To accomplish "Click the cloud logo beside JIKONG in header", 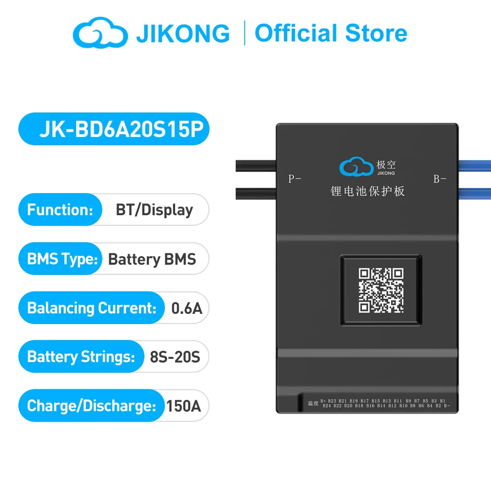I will (x=100, y=33).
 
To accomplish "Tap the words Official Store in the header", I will (x=331, y=33).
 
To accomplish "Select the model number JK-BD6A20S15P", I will (x=121, y=129).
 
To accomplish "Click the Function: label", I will (x=60, y=210).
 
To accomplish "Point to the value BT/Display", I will (x=154, y=210).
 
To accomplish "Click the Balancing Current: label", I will (x=92, y=308).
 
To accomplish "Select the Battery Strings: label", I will (x=81, y=357).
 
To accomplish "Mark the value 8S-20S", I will (x=175, y=357).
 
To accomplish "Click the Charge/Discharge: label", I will (x=91, y=406).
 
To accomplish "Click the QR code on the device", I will (x=381, y=290).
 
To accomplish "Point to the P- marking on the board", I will (x=295, y=179).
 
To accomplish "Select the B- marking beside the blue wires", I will (x=440, y=179).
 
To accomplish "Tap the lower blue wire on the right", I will (x=475, y=193).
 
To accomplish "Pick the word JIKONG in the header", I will (x=183, y=34).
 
